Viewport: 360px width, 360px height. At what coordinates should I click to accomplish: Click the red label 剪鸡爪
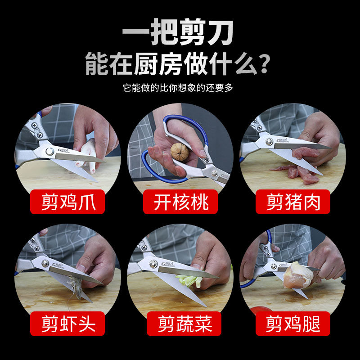pyautogui.click(x=67, y=202)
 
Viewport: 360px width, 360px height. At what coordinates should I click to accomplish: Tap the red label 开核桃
pyautogui.click(x=180, y=202)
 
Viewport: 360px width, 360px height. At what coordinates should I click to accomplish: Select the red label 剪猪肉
pyautogui.click(x=292, y=202)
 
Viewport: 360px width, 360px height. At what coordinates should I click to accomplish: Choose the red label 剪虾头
pyautogui.click(x=67, y=324)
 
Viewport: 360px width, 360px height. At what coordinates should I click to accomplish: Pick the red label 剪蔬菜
pyautogui.click(x=180, y=324)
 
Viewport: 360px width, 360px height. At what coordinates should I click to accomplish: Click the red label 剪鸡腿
pyautogui.click(x=292, y=324)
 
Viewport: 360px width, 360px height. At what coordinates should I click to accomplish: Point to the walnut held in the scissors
pyautogui.click(x=180, y=152)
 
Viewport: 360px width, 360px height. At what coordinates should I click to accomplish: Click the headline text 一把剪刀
pyautogui.click(x=179, y=35)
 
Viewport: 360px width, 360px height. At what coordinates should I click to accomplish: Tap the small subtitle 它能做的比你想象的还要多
pyautogui.click(x=179, y=88)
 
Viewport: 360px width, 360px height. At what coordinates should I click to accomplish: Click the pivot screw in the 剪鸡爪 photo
pyautogui.click(x=49, y=151)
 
